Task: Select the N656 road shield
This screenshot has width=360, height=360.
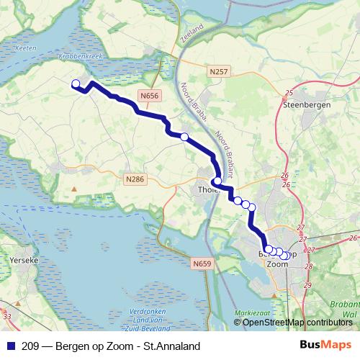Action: tap(151, 94)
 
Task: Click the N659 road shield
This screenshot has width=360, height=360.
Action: tap(202, 264)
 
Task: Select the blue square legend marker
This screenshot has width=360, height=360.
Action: tap(9, 346)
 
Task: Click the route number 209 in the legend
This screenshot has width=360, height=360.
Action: tap(30, 346)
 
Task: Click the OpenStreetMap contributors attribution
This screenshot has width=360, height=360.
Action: tap(297, 323)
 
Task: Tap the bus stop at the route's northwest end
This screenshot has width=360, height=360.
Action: tap(76, 84)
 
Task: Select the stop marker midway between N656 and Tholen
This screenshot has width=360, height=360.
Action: tap(184, 137)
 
